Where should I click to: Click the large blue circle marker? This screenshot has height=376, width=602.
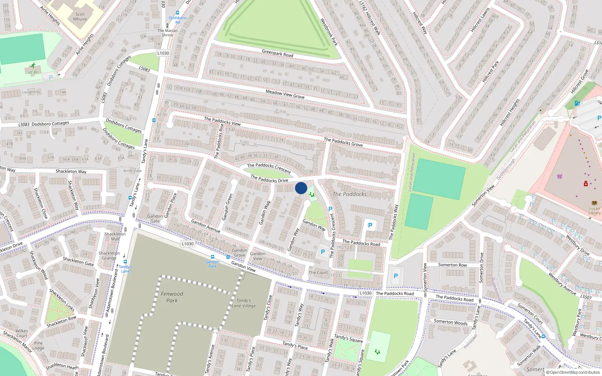coord(301,188)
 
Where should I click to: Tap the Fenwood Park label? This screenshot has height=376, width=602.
coord(172,297)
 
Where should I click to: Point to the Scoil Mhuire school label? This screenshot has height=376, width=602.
coord(80,17)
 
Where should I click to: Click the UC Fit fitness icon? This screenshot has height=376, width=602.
coord(33,65)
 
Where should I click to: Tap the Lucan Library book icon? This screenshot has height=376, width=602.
coord(594,203)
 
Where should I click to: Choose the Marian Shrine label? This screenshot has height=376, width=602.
coord(167,33)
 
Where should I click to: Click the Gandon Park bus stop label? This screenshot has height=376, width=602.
coord(213,264)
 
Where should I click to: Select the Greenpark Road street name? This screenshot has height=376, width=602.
coord(277,53)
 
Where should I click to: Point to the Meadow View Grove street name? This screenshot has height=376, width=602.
coord(285,94)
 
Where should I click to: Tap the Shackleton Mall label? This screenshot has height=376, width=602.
coord(115,236)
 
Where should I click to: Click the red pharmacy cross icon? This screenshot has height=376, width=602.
coord(586,184)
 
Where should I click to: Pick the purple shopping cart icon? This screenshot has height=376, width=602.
coord(559,176)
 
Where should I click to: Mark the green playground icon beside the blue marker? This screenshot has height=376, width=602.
coord(312,194)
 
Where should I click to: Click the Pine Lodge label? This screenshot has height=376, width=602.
coord(38,345)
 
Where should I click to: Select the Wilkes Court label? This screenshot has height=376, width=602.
coord(21,333)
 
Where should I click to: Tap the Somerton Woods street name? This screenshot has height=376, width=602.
coord(450,322)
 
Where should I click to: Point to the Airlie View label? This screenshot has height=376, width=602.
coord(132,171)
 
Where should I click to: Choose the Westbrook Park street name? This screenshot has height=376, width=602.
coord(328,32)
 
